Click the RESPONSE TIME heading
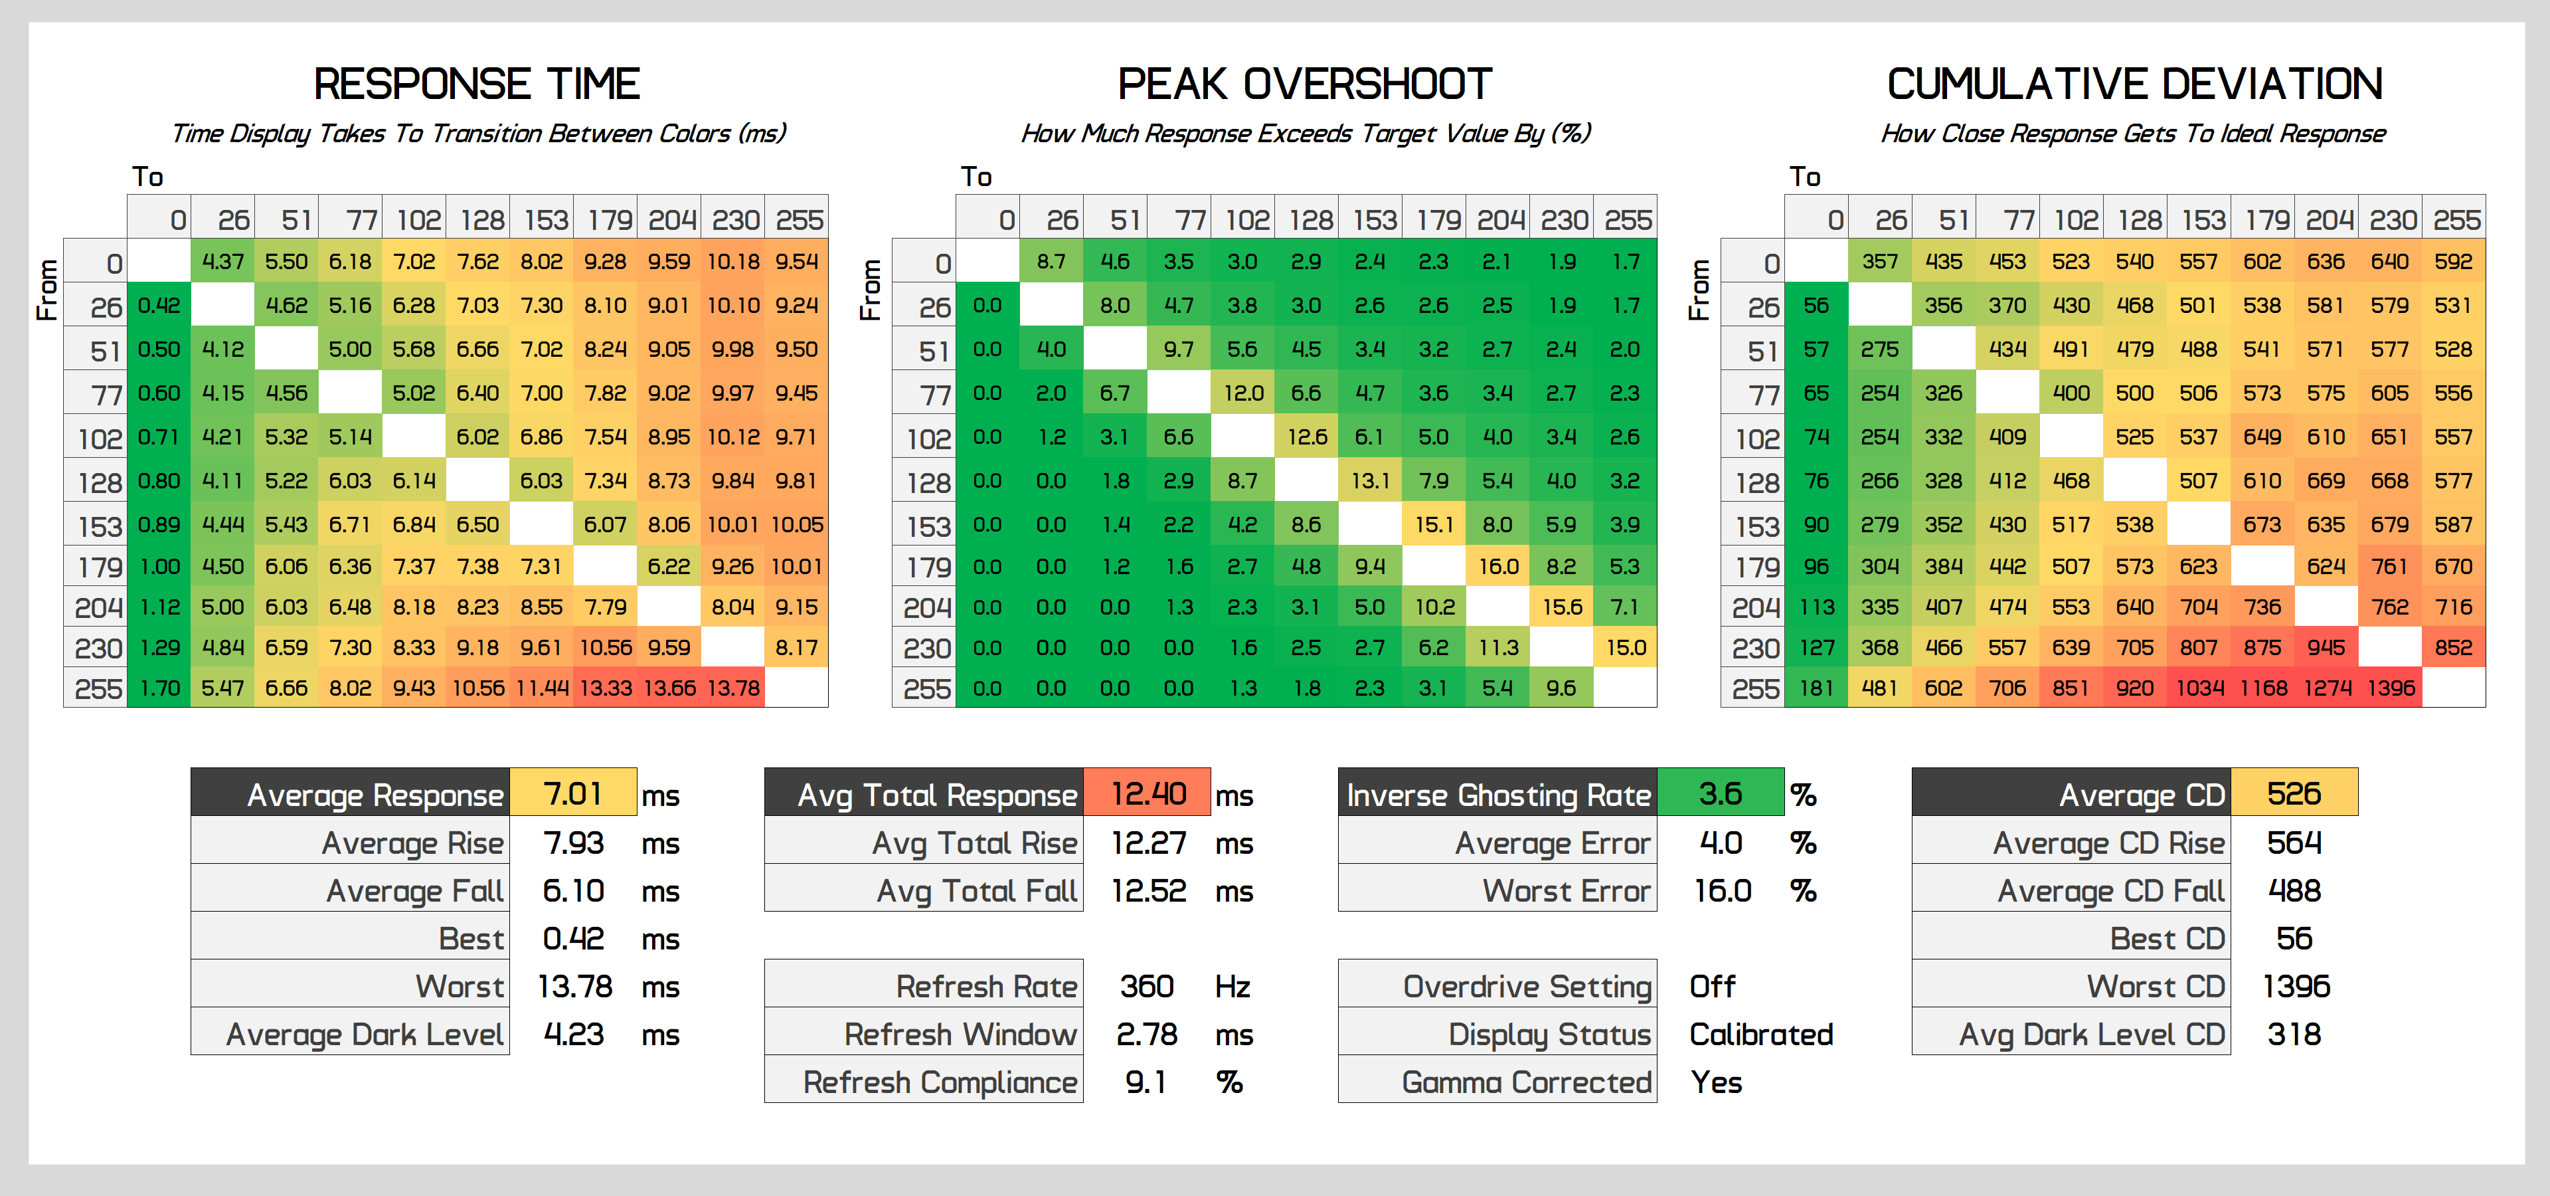click(x=477, y=84)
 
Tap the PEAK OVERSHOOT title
click(x=1305, y=84)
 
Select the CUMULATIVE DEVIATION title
click(x=2134, y=84)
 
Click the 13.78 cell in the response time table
click(x=734, y=688)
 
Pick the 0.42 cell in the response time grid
click(x=159, y=306)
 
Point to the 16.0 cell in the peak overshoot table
click(x=1497, y=566)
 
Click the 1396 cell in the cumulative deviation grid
click(x=2391, y=688)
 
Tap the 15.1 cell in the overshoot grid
click(x=1434, y=525)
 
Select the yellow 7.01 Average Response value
click(x=573, y=793)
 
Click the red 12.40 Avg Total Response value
click(x=1147, y=793)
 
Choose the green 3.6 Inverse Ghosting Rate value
click(x=1721, y=793)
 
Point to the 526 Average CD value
click(x=2294, y=793)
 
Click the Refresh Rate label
click(x=986, y=987)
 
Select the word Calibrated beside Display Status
click(x=1761, y=1035)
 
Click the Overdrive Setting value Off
click(x=1713, y=987)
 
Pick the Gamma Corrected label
click(x=1527, y=1082)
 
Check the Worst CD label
click(x=2156, y=987)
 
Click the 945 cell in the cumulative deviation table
click(x=2326, y=648)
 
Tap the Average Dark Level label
click(x=365, y=1035)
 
